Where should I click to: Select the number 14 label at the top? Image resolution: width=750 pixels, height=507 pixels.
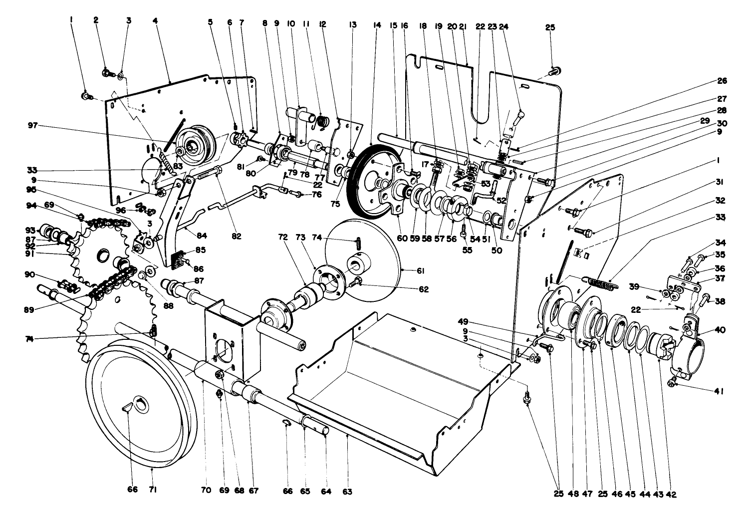(x=377, y=24)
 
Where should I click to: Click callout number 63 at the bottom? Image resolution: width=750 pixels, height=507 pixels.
(x=347, y=492)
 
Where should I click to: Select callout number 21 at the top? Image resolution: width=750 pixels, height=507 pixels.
(x=464, y=24)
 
